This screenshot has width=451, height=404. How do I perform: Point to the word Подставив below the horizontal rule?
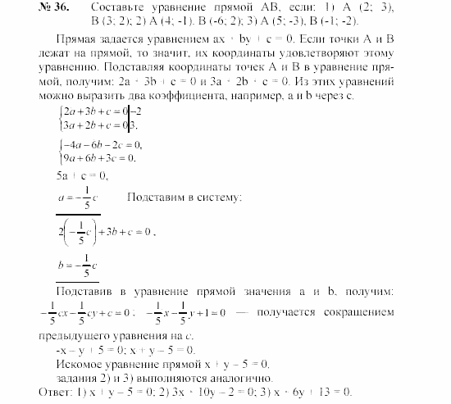coord(83,292)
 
